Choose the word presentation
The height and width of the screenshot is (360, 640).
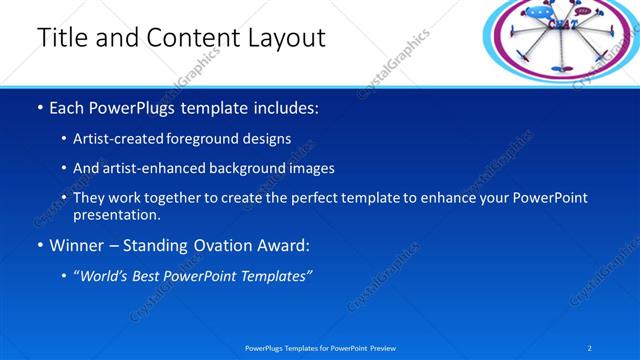click(x=116, y=214)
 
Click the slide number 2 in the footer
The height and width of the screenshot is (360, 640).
click(x=590, y=347)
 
